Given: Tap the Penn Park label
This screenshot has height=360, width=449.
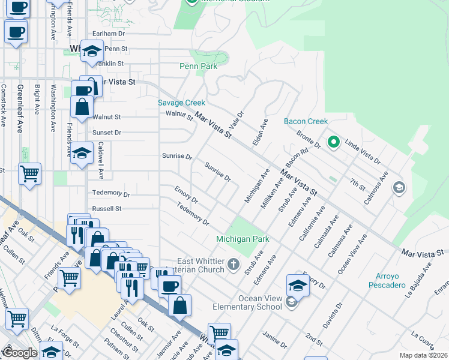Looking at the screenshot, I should [198, 67].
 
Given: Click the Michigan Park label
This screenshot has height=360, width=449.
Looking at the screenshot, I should [243, 239].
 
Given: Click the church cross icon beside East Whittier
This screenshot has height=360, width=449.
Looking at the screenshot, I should [232, 265].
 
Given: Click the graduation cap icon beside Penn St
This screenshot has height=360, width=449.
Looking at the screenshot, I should [92, 53].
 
